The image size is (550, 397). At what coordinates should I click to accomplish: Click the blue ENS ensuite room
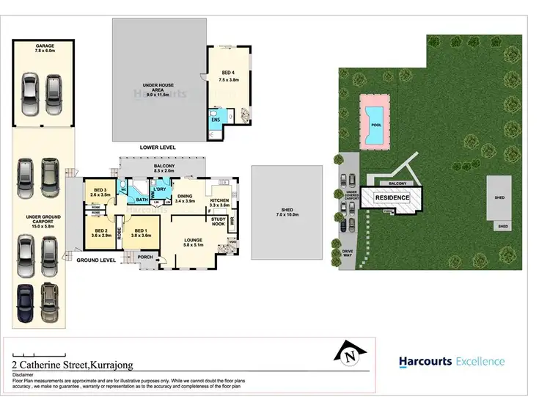click(216, 120)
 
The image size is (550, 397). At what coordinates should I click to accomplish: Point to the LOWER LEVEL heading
click(158, 147)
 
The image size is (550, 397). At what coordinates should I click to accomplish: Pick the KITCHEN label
click(220, 202)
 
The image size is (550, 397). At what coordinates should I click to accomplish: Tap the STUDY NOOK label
click(218, 222)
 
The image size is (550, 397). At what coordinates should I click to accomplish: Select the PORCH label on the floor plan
click(144, 257)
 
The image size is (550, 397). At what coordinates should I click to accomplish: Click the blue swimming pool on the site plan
click(375, 118)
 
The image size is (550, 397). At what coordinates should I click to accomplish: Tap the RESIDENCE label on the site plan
click(393, 198)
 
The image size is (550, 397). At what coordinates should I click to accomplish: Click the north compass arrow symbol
click(351, 354)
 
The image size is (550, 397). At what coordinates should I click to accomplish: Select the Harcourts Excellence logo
click(451, 361)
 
